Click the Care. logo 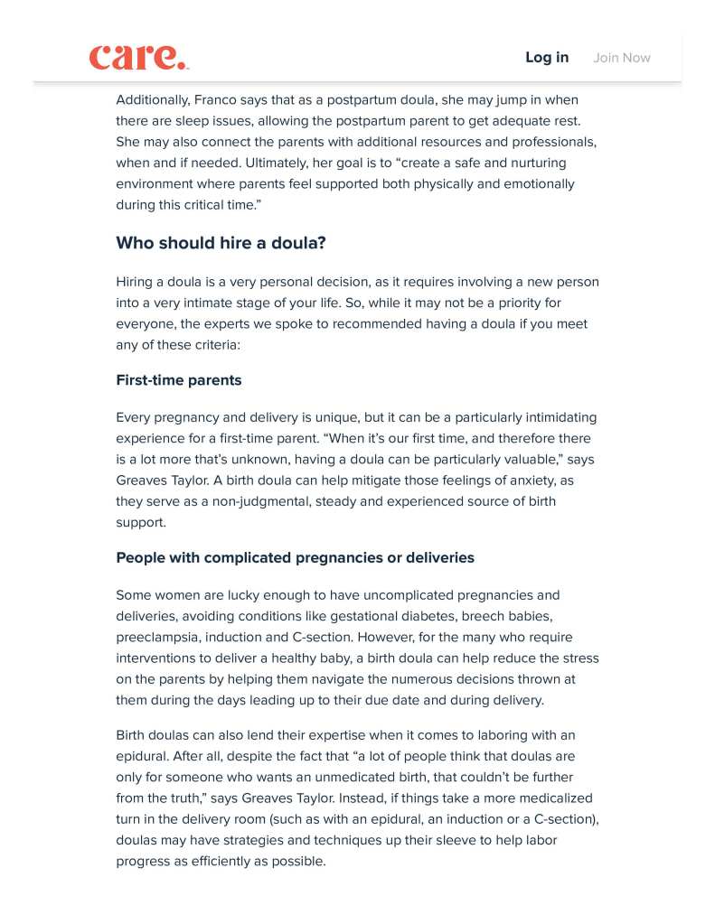click(138, 57)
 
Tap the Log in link click(547, 58)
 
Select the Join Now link click(622, 58)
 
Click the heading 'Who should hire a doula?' click(221, 243)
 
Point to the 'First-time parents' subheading click(179, 380)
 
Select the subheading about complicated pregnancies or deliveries click(295, 557)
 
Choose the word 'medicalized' click(551, 798)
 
